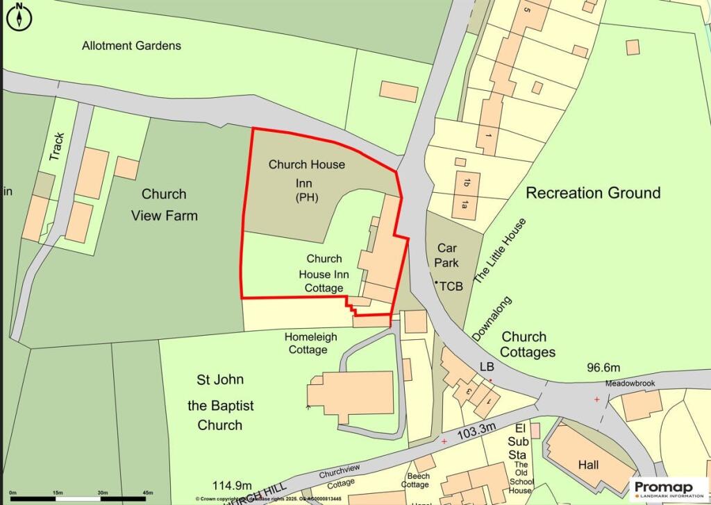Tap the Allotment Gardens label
coord(131,46)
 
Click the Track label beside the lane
coord(57,147)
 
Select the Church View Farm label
coord(165,205)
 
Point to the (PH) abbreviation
coord(306,198)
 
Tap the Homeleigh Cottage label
coord(306,343)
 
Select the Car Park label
coord(447,255)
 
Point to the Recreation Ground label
coord(593,193)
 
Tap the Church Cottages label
coord(528,345)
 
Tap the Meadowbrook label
coord(611,383)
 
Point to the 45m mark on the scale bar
coord(147,493)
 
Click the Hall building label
coord(588,465)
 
